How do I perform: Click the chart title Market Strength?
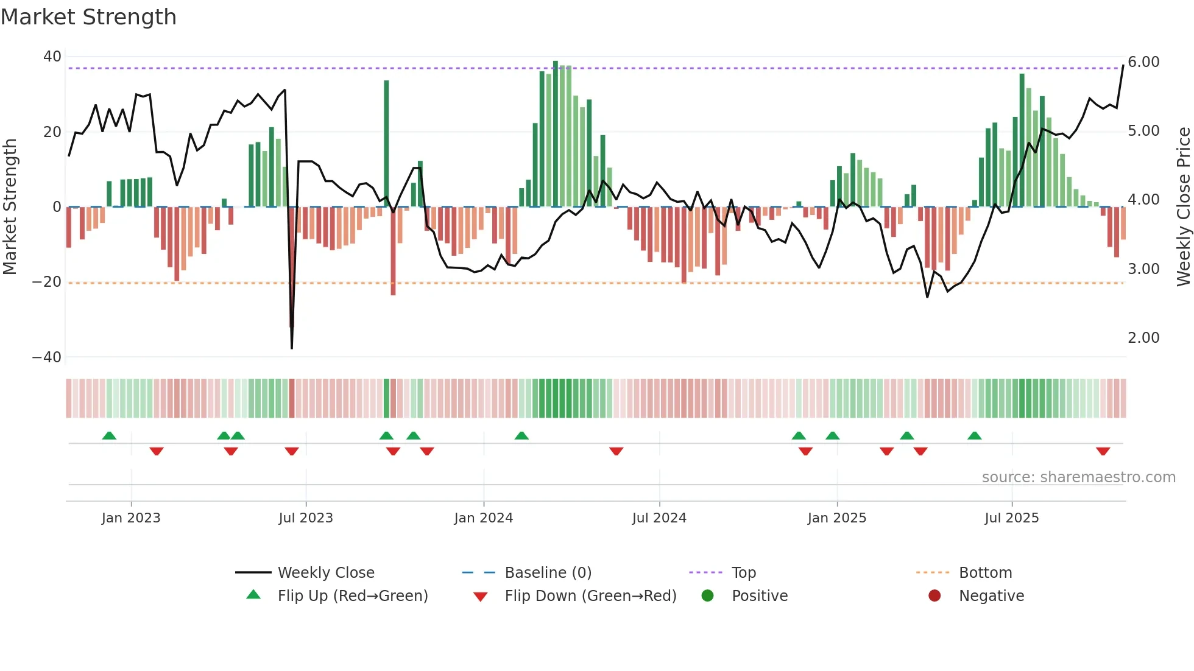point(88,17)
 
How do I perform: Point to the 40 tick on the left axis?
point(52,57)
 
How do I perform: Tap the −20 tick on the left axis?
point(47,282)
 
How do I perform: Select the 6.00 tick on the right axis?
point(1143,62)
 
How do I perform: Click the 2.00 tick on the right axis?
point(1143,338)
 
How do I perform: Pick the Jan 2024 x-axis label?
point(483,518)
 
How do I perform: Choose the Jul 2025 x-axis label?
point(1011,518)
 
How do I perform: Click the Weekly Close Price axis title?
point(1183,207)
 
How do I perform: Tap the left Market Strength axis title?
point(10,207)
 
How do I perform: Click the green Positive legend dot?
point(707,596)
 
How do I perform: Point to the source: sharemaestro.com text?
point(1078,477)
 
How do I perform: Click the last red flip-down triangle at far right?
point(1103,451)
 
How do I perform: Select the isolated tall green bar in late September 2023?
point(386,143)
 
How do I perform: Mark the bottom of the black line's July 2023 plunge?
point(292,348)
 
